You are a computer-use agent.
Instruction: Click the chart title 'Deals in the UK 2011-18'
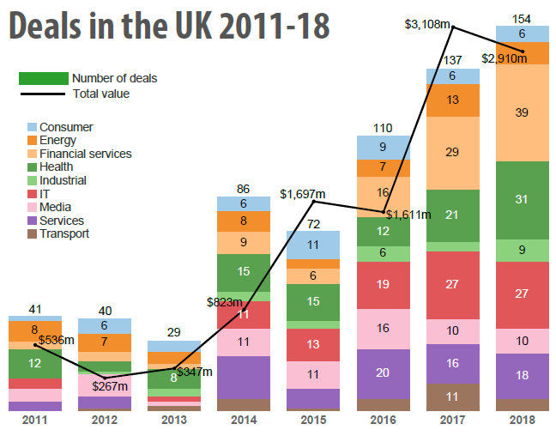169,27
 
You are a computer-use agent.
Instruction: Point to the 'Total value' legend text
101,94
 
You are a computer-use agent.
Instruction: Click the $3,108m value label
427,24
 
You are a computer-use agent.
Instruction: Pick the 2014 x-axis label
244,421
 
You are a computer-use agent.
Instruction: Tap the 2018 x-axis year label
523,421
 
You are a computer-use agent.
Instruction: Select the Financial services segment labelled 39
523,112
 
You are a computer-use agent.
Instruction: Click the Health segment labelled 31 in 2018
523,200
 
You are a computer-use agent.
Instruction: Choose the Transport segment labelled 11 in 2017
453,397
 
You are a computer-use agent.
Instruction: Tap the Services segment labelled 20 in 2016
384,373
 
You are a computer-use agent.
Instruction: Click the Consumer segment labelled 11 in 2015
313,244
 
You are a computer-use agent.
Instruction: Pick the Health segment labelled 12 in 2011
35,363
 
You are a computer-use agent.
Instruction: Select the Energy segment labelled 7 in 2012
105,342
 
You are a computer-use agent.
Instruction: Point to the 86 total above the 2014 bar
244,188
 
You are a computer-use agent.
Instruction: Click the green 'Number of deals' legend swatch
43,78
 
